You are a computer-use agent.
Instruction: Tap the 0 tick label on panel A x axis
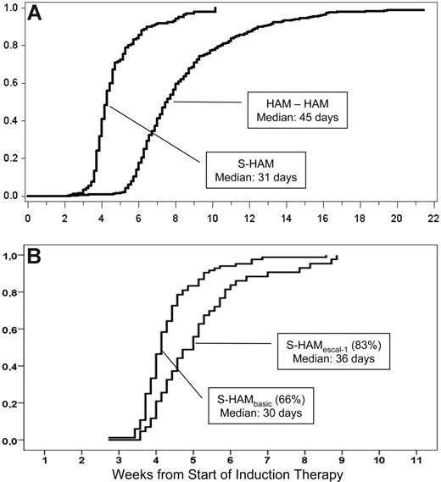28,217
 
